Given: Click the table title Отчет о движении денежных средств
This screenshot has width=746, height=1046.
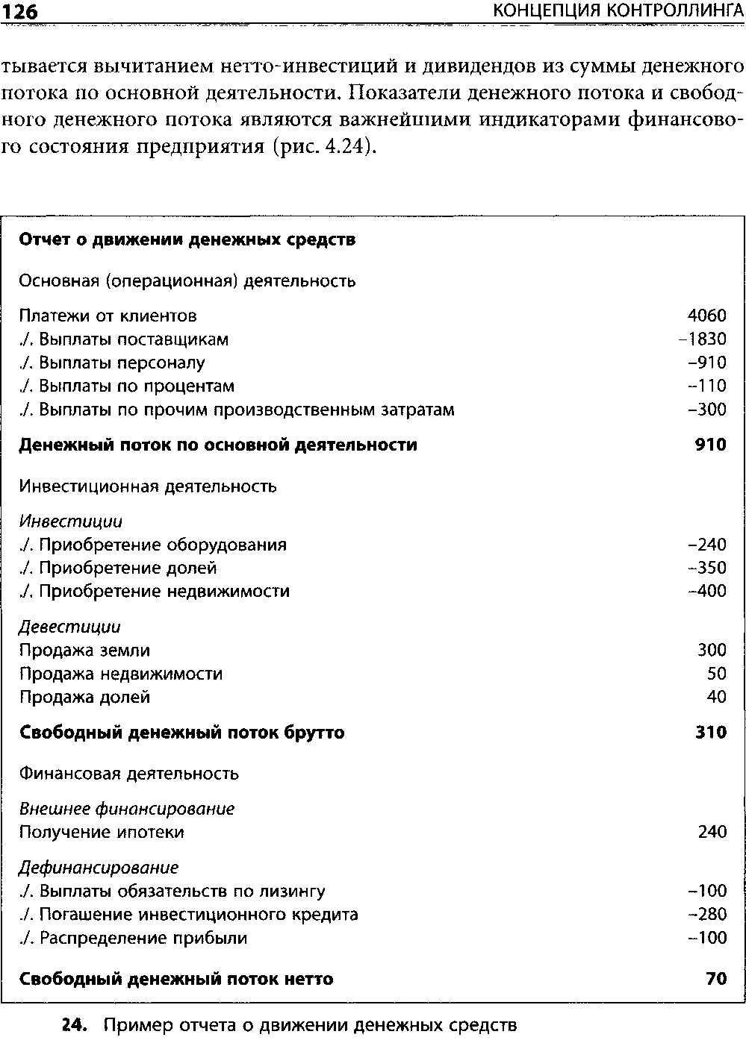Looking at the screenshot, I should click(187, 240).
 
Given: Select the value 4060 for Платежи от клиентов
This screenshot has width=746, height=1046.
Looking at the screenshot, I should click(706, 316).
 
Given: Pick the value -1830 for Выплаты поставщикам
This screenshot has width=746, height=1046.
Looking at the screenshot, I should click(702, 339).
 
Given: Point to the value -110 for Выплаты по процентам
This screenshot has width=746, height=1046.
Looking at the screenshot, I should click(706, 386).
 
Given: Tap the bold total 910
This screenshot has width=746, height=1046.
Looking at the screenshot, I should click(710, 445).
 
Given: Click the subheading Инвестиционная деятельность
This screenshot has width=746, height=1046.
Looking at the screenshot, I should click(148, 486).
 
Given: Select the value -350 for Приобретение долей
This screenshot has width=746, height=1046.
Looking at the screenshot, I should click(706, 569).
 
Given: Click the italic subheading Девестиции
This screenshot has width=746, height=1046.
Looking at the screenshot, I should click(69, 627).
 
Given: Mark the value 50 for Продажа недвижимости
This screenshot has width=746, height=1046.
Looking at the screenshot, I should click(716, 674).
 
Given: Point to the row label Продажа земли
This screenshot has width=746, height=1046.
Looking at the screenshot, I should click(84, 651).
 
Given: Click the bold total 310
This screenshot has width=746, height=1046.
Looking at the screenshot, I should click(711, 733).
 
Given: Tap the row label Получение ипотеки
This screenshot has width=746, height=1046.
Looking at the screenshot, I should click(102, 832).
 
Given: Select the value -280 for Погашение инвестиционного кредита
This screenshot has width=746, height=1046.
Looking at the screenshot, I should click(706, 915).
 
